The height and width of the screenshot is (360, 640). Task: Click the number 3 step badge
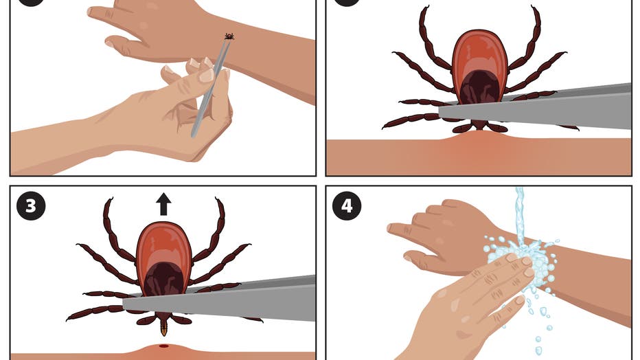point(31,206)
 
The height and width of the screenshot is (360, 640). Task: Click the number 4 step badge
point(347,206)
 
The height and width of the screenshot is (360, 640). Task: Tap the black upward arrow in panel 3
point(163,204)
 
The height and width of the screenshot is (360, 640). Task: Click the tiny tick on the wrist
point(229,36)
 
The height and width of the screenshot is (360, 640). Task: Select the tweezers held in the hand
point(210,86)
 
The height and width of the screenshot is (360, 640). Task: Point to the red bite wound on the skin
point(163,346)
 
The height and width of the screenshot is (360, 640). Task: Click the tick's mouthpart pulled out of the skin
point(163,326)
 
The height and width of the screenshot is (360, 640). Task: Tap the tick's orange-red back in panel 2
point(480,53)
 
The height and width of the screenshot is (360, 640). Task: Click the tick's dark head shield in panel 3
point(163,278)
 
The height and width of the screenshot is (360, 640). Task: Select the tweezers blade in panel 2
point(535,108)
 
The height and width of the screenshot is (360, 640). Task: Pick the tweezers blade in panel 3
point(219,299)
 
